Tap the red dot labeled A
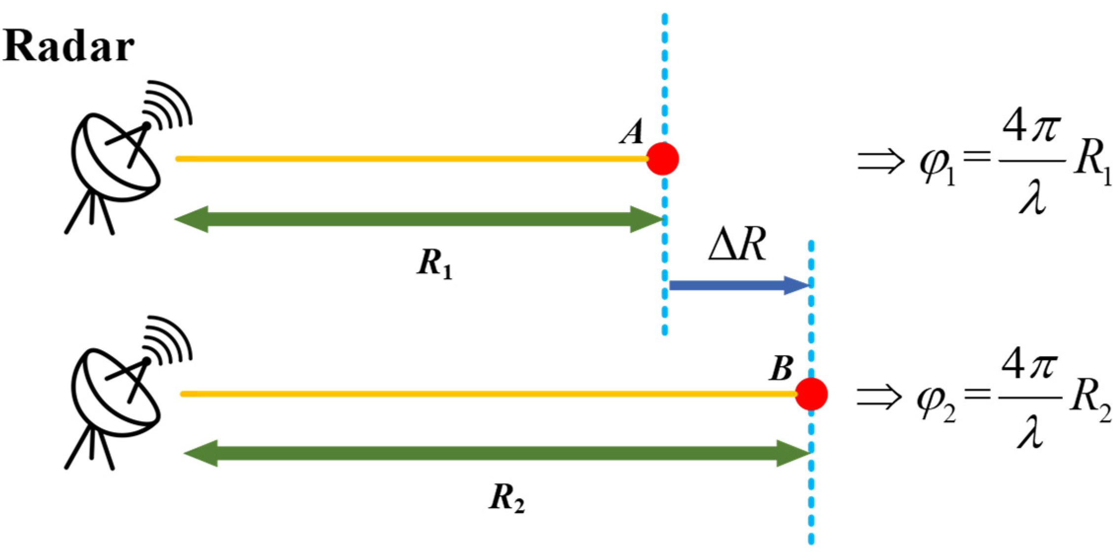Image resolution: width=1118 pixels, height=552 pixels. (662, 159)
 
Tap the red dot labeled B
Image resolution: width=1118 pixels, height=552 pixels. (811, 394)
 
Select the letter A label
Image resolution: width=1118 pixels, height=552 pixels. (632, 132)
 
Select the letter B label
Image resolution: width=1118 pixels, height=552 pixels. (781, 368)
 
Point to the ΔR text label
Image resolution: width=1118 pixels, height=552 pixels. (737, 245)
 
